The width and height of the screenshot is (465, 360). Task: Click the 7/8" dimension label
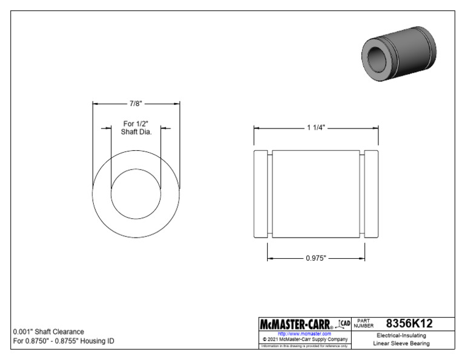click(136, 104)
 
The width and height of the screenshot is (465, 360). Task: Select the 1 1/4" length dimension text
click(316, 128)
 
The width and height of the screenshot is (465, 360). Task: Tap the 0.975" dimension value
click(316, 258)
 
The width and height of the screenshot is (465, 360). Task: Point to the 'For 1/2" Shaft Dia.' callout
click(136, 128)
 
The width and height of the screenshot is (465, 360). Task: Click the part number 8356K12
click(409, 324)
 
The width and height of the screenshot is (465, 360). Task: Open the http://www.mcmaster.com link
click(304, 333)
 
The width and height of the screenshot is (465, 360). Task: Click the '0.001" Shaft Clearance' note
click(48, 332)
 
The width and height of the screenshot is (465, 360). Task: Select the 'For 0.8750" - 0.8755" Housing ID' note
click(64, 341)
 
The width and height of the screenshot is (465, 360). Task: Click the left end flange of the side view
click(261, 194)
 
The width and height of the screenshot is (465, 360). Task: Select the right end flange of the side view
click(371, 194)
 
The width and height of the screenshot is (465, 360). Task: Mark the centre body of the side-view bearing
click(316, 194)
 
